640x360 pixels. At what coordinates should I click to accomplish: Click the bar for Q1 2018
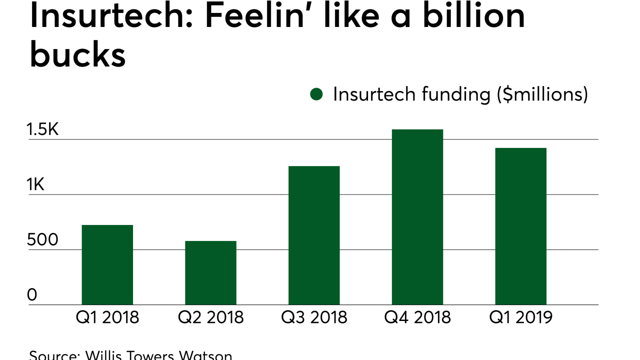(107, 265)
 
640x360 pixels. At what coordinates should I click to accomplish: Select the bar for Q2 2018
(210, 273)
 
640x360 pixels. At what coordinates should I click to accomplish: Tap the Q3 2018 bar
(314, 235)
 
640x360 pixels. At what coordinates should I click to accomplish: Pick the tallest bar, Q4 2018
(417, 217)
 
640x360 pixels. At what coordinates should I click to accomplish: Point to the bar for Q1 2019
(520, 226)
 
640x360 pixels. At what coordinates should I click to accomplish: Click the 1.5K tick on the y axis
(43, 130)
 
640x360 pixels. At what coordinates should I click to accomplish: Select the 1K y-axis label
(36, 185)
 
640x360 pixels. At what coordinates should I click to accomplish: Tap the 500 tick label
(42, 240)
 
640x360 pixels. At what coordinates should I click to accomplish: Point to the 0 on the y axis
(32, 295)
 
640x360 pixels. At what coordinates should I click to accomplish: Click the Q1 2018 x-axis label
(107, 317)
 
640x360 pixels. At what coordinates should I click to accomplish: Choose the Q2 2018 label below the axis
(210, 317)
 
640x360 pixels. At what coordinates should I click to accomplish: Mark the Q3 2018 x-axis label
(314, 317)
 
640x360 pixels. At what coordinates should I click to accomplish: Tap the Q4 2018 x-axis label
(417, 317)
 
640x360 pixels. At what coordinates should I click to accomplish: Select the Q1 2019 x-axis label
(520, 317)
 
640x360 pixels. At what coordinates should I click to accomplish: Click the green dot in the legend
(316, 94)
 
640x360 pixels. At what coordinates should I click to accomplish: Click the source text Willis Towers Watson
(158, 355)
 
